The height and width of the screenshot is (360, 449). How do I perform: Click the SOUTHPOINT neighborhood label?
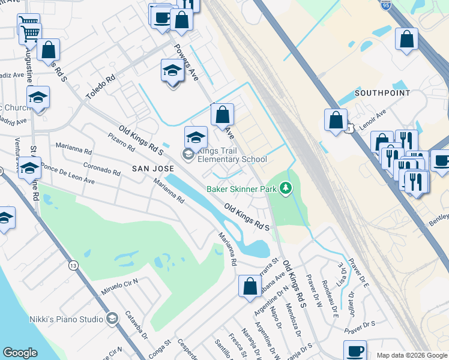tap(382, 93)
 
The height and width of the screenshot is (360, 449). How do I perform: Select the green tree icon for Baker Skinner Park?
tap(287, 188)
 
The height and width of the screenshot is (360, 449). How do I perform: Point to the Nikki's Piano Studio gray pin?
tap(112, 319)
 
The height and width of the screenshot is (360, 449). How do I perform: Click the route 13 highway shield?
tap(73, 265)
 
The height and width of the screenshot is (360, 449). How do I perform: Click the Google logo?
tap(20, 353)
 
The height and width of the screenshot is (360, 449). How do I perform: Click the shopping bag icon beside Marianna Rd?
tap(250, 287)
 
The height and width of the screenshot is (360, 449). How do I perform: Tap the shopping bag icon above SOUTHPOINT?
tap(406, 39)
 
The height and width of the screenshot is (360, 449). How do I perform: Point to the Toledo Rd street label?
tap(100, 88)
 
